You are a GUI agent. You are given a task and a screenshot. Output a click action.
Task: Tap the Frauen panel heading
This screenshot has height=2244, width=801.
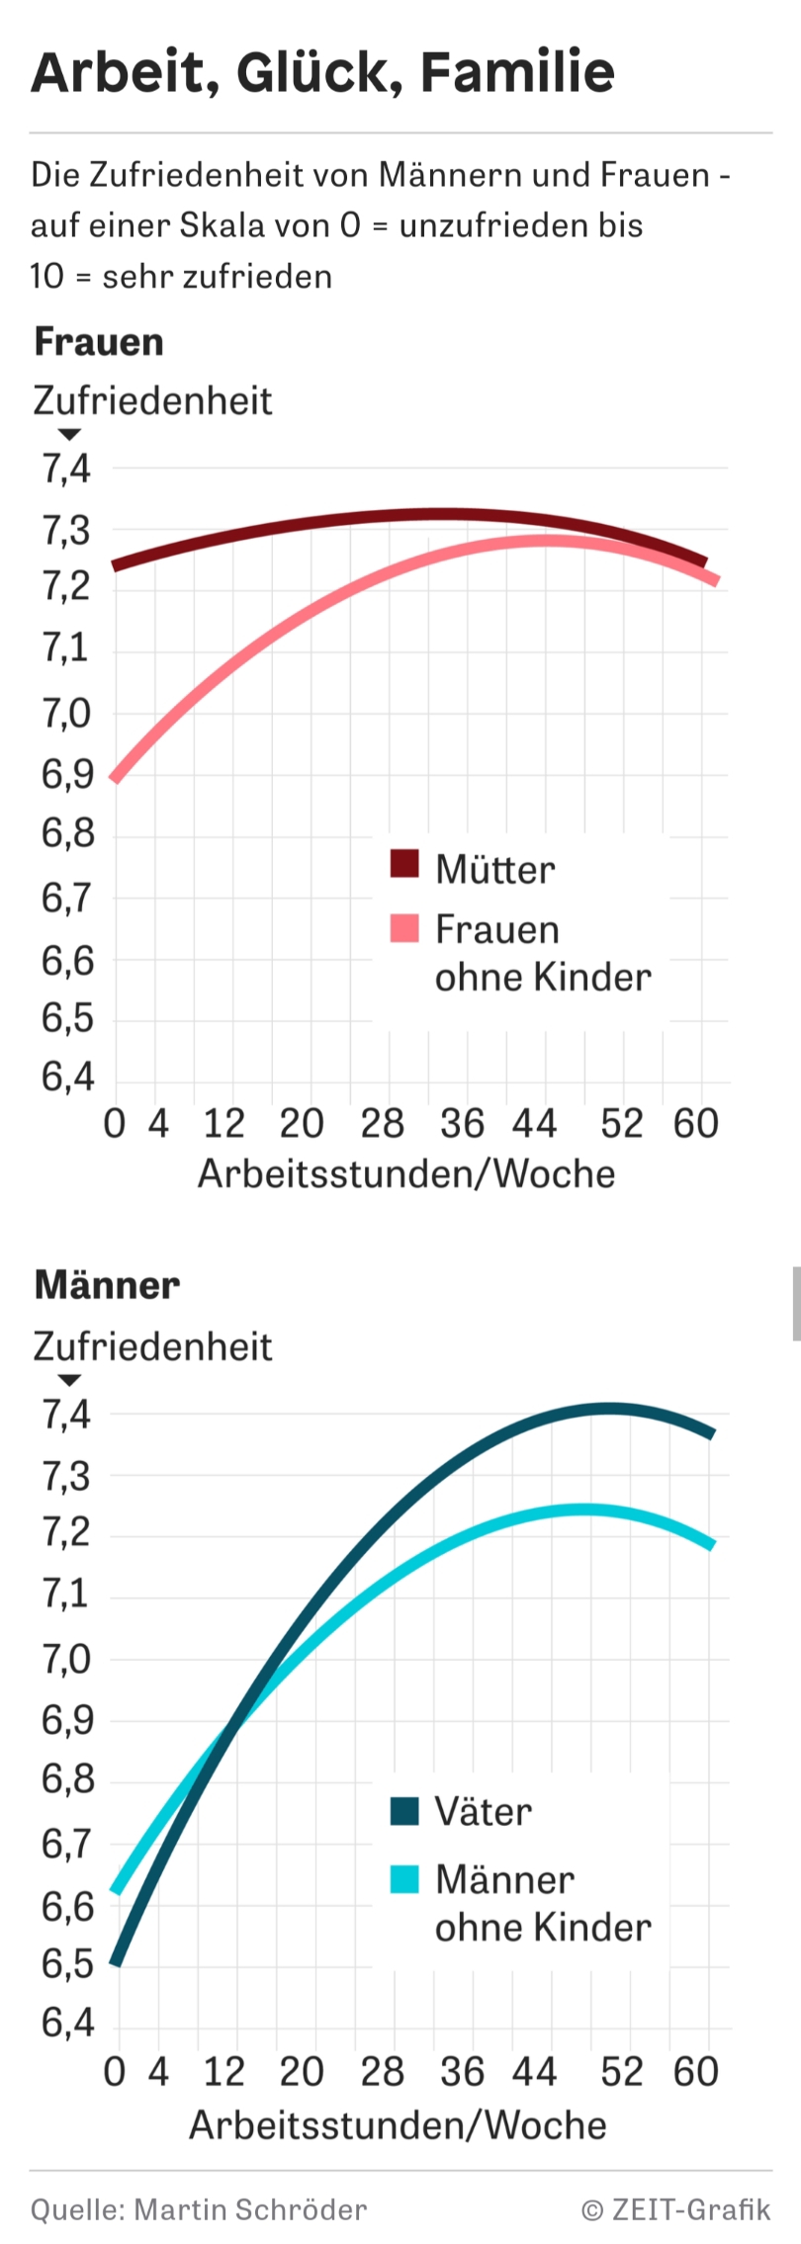(99, 342)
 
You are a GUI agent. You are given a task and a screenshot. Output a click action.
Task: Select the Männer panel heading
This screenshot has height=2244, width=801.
(107, 1285)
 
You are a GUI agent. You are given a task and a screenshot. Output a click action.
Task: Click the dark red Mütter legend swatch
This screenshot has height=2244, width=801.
(404, 864)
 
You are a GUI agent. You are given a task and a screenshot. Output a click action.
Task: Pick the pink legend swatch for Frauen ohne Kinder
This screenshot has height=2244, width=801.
(404, 928)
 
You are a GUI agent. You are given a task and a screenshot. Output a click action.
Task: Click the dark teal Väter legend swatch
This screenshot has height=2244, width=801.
(404, 1811)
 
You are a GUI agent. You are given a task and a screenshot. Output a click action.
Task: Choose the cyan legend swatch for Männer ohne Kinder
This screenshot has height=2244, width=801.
(404, 1878)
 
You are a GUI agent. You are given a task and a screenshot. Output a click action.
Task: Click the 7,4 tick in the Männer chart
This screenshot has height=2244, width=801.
(65, 1416)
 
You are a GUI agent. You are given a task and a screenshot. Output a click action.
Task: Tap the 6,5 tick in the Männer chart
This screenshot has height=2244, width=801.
(65, 1963)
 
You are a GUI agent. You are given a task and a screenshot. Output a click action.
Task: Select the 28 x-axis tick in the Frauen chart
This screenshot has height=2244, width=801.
(382, 1124)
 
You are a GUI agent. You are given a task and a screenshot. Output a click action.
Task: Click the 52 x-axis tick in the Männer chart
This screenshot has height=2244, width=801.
(621, 2071)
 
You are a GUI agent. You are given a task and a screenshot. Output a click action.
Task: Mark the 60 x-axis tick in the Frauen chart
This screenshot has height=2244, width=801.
(695, 1124)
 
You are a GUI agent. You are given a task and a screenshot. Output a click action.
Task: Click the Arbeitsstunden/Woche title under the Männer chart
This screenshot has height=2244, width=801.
(398, 2124)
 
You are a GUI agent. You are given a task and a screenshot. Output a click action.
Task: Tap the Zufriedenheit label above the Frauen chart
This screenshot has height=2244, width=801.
(152, 401)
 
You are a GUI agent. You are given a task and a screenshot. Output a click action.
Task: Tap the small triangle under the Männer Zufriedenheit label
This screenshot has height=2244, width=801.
(69, 1380)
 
